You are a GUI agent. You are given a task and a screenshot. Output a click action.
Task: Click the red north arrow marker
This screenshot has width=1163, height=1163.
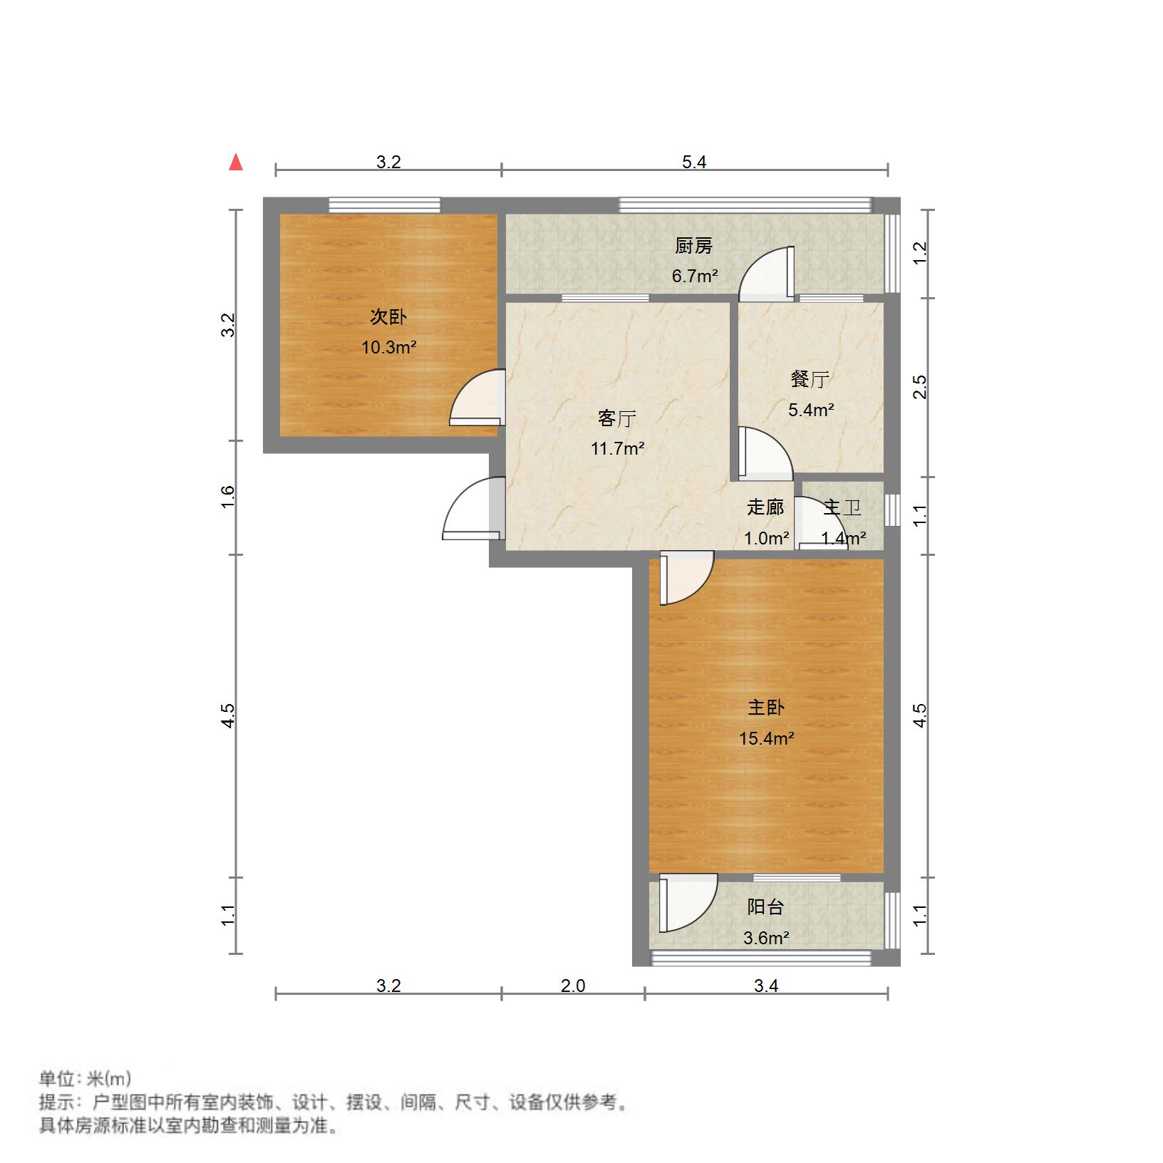click(236, 162)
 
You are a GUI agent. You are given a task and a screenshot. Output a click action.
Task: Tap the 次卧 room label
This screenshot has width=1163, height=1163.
click(388, 316)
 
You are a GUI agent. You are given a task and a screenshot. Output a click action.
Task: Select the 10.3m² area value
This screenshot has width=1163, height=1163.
click(388, 348)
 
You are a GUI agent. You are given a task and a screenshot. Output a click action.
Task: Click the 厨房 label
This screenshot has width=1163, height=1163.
click(693, 246)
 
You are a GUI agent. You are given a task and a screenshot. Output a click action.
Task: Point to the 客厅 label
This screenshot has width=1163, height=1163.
click(617, 418)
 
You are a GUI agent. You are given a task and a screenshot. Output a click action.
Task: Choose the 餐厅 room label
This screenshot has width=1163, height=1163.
click(810, 379)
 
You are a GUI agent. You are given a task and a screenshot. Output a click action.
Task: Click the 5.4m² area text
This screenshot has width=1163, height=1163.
click(811, 410)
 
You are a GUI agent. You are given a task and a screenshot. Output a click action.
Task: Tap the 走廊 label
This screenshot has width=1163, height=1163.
click(765, 507)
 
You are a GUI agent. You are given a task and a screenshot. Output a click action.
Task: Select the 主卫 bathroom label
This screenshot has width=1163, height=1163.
click(842, 508)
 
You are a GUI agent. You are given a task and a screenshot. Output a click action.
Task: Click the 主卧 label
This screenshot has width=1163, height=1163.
click(766, 708)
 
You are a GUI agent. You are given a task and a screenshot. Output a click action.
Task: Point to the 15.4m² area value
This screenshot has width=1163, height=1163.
click(766, 738)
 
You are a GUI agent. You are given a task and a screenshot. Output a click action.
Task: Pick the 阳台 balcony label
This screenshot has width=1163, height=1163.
click(766, 907)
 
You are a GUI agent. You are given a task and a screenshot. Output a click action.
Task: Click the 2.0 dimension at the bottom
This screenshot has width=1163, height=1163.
click(573, 986)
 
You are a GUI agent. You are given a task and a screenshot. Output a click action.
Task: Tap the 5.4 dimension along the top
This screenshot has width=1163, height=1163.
click(694, 162)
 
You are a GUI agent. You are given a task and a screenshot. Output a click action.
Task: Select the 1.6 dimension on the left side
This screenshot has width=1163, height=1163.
click(227, 497)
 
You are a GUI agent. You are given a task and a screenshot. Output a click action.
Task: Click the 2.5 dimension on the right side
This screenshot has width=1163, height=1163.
click(920, 387)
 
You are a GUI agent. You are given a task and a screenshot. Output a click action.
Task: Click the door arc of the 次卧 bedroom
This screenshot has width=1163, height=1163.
click(476, 398)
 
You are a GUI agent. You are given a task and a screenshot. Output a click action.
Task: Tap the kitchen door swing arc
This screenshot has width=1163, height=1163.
click(765, 272)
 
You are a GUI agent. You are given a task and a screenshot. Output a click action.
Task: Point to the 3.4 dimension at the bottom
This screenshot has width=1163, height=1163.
click(766, 986)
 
